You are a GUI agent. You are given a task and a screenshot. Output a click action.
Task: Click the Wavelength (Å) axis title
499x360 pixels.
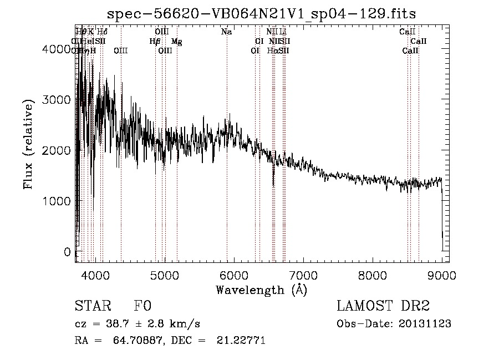click(261, 290)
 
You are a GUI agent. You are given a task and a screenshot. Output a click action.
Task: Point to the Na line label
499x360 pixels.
click(226, 32)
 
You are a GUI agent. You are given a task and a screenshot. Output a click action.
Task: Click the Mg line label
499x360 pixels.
click(176, 42)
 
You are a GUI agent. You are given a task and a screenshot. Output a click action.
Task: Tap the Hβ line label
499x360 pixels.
click(155, 42)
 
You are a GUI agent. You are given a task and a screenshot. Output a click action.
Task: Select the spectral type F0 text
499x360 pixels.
click(142, 306)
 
